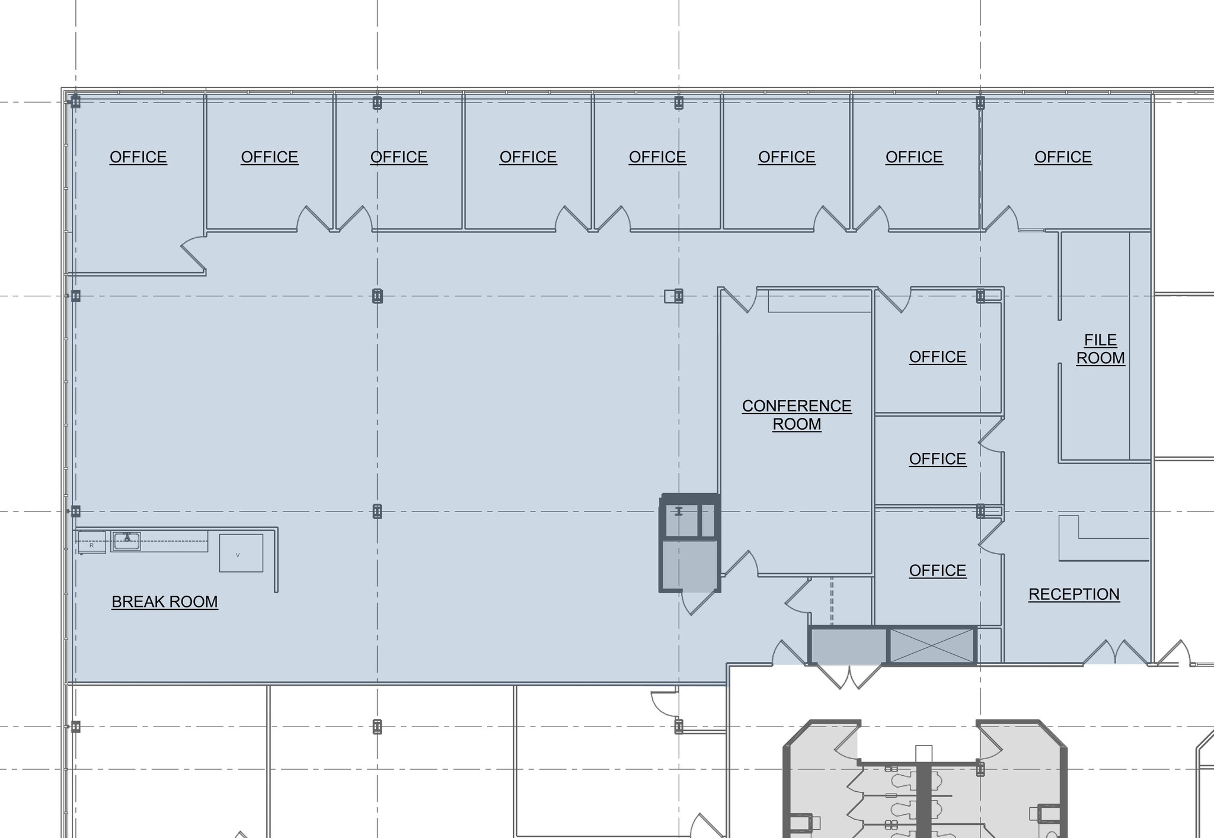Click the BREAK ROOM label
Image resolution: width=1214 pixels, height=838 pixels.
tap(164, 602)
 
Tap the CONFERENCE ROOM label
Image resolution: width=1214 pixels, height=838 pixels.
tap(796, 415)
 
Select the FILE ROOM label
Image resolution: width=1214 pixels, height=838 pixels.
tap(1100, 349)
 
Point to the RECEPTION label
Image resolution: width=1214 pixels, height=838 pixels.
tap(1074, 594)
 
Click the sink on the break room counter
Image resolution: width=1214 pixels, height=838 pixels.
tap(126, 540)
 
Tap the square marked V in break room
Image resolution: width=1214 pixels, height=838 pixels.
tap(241, 553)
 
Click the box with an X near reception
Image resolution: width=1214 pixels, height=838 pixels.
tap(932, 646)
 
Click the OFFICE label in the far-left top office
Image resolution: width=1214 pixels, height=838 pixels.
tap(138, 157)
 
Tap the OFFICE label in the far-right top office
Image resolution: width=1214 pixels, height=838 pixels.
tap(1062, 157)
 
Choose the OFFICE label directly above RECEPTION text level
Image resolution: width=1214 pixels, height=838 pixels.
tap(937, 571)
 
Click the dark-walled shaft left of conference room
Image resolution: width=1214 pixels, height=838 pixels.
tap(689, 542)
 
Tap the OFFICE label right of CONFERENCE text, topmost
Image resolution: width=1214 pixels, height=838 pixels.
tap(937, 357)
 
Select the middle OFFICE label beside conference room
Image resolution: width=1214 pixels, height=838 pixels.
tap(937, 459)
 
